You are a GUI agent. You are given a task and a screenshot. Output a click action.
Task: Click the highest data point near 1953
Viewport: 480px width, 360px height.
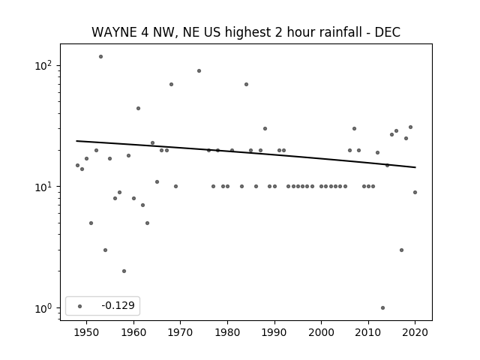[100, 57]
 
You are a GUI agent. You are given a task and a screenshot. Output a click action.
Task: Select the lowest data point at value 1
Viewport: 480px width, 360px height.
[382, 308]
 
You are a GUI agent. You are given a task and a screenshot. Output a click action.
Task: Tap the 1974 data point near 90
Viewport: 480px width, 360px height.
[199, 71]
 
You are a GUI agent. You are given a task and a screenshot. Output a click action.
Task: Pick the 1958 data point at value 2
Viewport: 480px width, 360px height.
[124, 271]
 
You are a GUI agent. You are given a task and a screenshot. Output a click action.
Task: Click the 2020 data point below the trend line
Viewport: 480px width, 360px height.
[415, 193]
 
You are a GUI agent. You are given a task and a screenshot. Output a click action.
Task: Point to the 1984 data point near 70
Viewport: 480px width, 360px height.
[247, 85]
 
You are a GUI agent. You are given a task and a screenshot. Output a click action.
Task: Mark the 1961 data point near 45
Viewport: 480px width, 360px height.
[138, 108]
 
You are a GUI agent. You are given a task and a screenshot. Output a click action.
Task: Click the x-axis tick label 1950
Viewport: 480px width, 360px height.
[87, 332]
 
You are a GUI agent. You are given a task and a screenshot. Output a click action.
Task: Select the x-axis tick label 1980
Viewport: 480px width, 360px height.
[227, 332]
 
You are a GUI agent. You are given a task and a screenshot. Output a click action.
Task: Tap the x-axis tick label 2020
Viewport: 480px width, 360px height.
[415, 332]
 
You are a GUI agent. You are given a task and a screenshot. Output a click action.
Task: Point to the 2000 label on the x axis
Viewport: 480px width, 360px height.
[322, 332]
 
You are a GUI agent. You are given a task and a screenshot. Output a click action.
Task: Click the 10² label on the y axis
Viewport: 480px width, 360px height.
[43, 65]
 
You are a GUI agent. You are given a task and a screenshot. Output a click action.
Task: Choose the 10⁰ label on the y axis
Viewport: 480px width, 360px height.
[43, 308]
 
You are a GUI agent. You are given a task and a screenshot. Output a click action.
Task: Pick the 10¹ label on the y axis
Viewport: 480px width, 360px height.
[43, 187]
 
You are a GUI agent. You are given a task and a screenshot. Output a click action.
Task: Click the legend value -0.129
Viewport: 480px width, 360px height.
[118, 305]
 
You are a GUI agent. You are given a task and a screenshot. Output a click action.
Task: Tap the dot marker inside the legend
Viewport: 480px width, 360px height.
[80, 306]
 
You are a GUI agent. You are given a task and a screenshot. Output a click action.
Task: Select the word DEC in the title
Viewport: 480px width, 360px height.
[388, 32]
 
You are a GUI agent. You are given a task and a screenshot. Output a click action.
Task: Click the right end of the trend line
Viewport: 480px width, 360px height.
[415, 167]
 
